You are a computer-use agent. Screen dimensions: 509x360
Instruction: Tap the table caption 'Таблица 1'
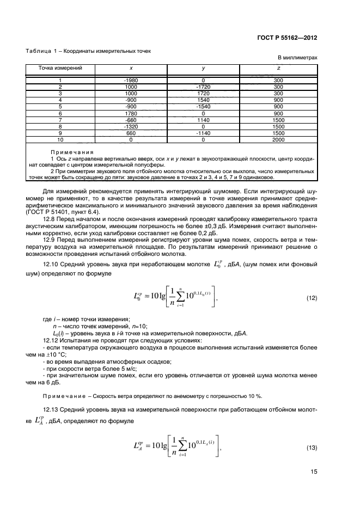[43, 51]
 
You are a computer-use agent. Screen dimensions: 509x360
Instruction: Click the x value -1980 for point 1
[131, 81]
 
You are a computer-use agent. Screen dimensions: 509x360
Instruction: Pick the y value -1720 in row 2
[203, 87]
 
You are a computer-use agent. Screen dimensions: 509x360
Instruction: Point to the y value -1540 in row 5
[203, 107]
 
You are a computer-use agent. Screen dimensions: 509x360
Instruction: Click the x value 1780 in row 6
[131, 113]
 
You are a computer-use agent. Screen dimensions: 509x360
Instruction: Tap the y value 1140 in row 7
[203, 120]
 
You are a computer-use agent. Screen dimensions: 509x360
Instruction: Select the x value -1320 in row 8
[131, 126]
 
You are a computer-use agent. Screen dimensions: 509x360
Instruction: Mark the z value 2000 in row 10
[278, 139]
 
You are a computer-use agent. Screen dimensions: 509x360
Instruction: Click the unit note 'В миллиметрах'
[297, 58]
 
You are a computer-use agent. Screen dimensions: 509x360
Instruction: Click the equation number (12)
[312, 298]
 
